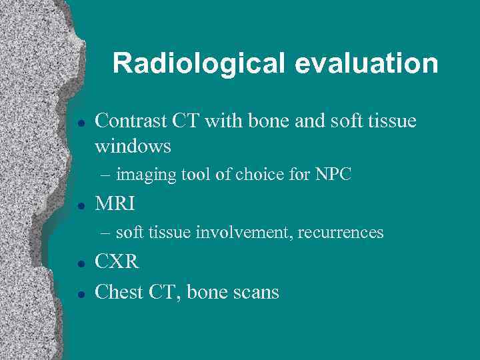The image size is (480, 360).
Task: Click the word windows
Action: coord(133,145)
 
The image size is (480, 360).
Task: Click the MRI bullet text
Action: coord(115,203)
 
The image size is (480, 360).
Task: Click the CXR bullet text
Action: coord(117,262)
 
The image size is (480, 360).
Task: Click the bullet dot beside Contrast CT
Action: coord(79,123)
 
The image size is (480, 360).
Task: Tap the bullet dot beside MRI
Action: coord(79,205)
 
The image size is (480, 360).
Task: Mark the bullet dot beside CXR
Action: coord(79,263)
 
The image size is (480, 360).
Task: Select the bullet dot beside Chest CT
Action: coord(79,293)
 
